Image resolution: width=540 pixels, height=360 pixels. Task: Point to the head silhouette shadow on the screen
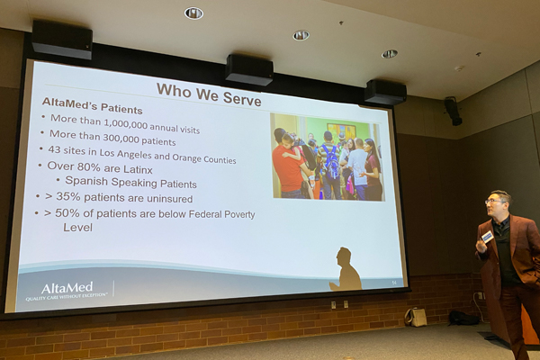point(345,267)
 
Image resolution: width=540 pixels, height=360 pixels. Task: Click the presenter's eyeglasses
point(494,200)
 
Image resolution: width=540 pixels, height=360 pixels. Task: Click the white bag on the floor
point(416,316)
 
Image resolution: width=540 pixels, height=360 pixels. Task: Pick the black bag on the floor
point(463,317)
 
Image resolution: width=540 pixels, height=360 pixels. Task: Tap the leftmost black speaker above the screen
point(61,40)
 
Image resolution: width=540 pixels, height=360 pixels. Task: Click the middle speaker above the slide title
point(249,69)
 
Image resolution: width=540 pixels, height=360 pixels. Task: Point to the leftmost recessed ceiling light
point(193,13)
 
